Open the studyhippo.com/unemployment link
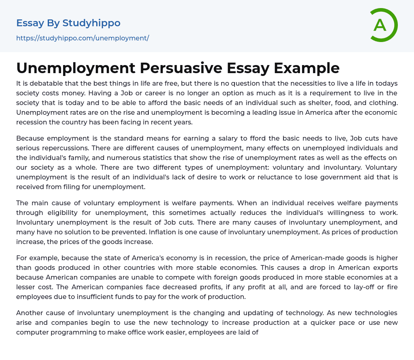(82, 38)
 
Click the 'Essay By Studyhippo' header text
(68, 23)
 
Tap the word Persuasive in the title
(181, 68)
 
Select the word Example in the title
(306, 68)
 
